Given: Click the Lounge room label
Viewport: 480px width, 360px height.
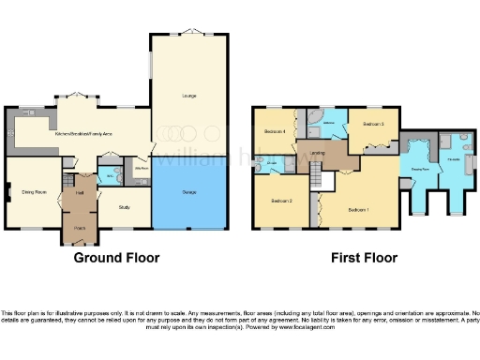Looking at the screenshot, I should [x=188, y=96].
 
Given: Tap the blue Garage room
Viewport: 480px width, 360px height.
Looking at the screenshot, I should [x=188, y=195].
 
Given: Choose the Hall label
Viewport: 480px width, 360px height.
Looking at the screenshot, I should [x=80, y=192].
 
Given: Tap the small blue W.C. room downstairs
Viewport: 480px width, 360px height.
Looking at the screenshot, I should [x=111, y=176].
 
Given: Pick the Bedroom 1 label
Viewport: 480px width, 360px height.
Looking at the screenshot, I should [x=358, y=209].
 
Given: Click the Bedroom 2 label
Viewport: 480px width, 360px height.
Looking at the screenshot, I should [x=282, y=202].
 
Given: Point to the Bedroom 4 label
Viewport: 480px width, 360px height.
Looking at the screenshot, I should [x=275, y=131].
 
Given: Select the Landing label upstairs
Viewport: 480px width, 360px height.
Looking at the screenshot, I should [x=319, y=154].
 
